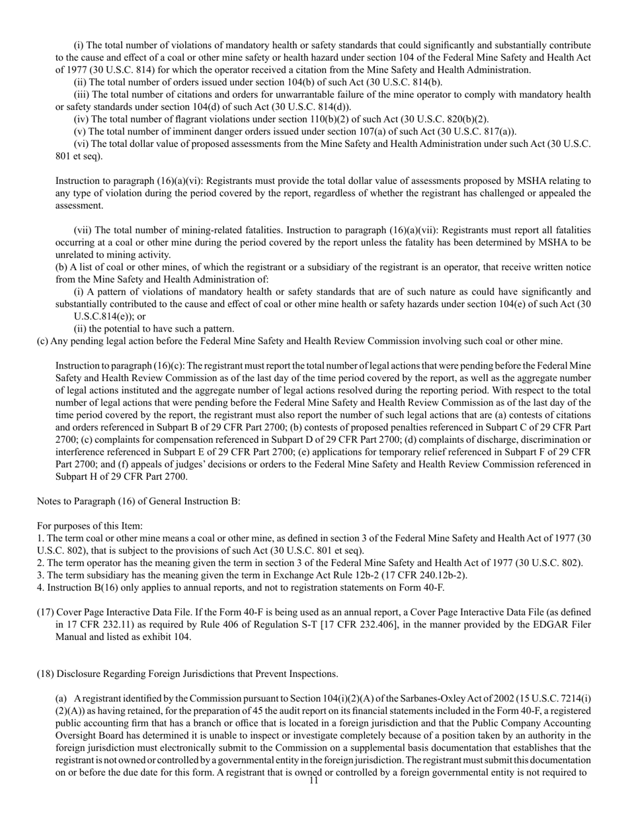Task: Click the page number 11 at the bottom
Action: (313, 780)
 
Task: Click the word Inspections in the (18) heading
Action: (312, 674)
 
